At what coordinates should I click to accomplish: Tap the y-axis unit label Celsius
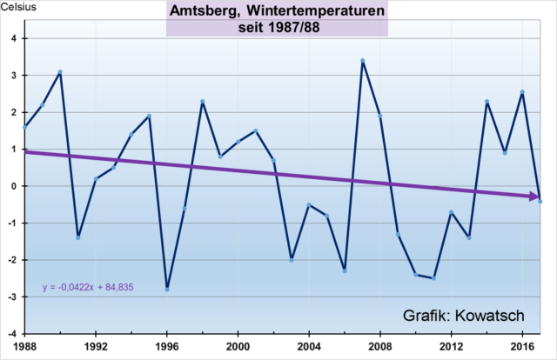tap(19, 8)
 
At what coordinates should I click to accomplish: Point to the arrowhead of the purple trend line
tap(536, 198)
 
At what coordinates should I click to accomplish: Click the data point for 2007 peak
tap(363, 61)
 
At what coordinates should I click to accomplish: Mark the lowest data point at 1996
tap(167, 289)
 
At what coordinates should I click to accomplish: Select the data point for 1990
tap(60, 72)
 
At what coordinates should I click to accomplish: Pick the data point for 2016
tap(522, 91)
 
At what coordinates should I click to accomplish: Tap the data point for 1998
tap(203, 102)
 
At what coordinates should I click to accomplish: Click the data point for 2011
tap(433, 278)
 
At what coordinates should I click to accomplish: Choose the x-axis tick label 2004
tap(309, 344)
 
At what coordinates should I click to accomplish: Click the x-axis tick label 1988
tap(24, 344)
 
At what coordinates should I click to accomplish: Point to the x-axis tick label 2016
tap(522, 344)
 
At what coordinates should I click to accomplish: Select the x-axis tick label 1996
tap(167, 344)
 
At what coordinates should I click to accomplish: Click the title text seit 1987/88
tap(277, 26)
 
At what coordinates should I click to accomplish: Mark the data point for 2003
tap(292, 259)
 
